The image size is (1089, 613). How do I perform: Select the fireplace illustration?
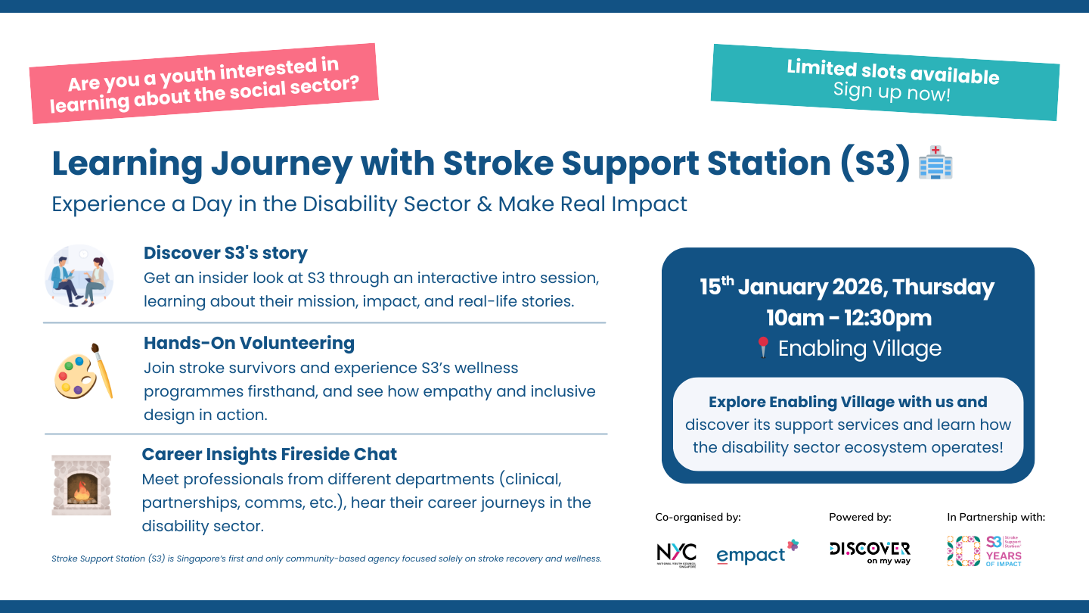point(82,485)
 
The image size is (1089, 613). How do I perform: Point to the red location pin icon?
point(762,348)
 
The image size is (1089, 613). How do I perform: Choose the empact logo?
point(757,553)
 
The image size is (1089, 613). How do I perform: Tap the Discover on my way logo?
point(870,552)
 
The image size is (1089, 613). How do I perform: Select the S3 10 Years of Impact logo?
point(985,551)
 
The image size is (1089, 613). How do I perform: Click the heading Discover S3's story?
point(225,253)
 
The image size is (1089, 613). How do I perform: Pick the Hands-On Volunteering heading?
point(249,343)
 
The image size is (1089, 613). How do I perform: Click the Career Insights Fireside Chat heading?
point(269,454)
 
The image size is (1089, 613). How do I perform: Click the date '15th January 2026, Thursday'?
point(846,288)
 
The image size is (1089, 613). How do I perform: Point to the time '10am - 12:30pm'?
point(848,318)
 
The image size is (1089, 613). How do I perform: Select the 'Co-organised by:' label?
point(698,518)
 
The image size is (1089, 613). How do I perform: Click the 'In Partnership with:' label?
point(996,518)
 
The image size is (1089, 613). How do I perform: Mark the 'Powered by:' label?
point(860,518)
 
